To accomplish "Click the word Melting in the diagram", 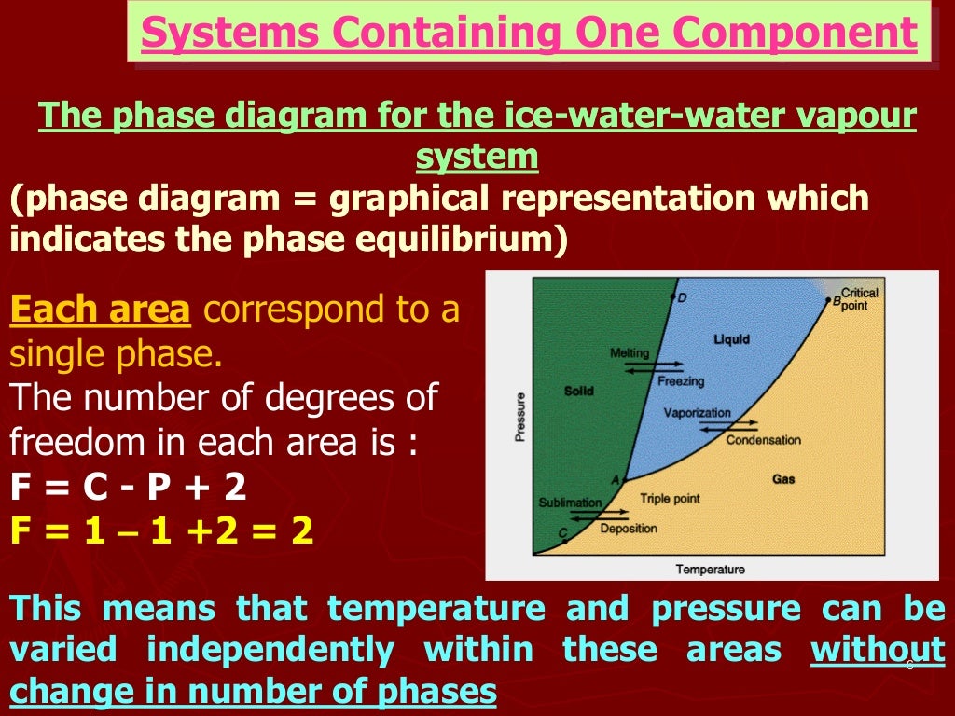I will coord(630,353).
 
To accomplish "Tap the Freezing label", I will coord(681,381).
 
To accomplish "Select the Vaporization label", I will coord(697,413).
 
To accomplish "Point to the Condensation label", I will coord(763,440).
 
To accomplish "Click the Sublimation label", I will coord(570,503).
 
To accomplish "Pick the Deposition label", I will coord(629,529).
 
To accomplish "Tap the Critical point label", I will coord(859,299).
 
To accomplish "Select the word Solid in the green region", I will coord(579,391).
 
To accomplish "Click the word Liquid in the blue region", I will coord(731,338).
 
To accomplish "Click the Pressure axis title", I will coord(520,417).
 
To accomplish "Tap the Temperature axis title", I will coord(710,569).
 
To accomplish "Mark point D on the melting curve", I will coord(673,297).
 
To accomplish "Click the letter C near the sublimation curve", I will coord(562,533).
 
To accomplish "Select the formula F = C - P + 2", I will coord(128,487).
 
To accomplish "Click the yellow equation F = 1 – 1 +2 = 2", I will coord(161,532).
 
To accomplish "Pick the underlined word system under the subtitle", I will coord(477,157).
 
